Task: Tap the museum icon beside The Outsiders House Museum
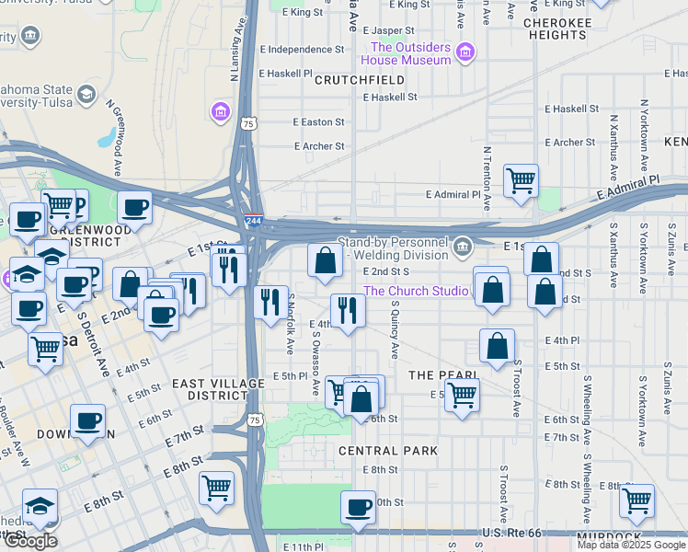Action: (x=465, y=52)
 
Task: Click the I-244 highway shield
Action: (x=254, y=220)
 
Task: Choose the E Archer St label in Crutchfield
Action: (x=319, y=145)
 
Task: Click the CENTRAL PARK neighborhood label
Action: (x=387, y=451)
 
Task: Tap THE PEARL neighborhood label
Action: (x=442, y=375)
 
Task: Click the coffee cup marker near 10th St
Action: (x=358, y=506)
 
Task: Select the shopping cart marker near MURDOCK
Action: (x=636, y=500)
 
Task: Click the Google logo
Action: (x=30, y=542)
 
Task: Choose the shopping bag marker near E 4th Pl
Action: (x=497, y=347)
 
